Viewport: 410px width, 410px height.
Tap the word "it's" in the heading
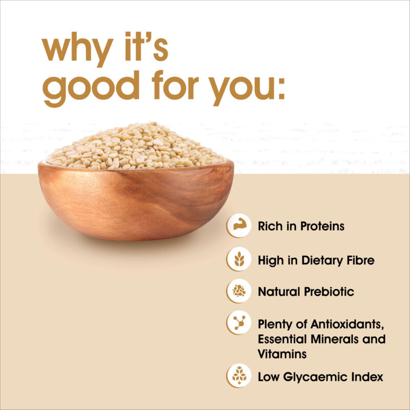[x=147, y=47]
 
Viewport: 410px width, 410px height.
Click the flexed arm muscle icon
[x=238, y=225]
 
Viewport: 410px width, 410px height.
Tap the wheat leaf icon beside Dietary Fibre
[x=239, y=259]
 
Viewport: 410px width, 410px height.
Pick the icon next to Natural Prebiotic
[x=239, y=291]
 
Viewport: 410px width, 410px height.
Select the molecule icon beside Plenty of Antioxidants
[x=239, y=322]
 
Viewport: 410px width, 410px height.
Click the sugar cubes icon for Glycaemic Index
[x=239, y=376]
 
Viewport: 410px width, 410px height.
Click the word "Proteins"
[x=322, y=226]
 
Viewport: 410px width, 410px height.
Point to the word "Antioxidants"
[x=347, y=324]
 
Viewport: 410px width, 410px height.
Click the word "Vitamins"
[x=282, y=354]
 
